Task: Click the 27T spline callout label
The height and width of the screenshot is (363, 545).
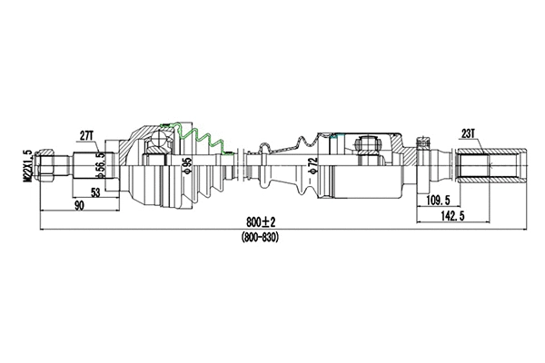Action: [87, 135]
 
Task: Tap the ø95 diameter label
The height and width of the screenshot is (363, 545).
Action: [187, 166]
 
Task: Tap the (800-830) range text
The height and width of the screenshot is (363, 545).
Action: [260, 237]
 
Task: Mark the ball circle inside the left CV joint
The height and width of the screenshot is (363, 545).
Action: [161, 139]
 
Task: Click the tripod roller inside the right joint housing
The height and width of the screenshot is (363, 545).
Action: [370, 143]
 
